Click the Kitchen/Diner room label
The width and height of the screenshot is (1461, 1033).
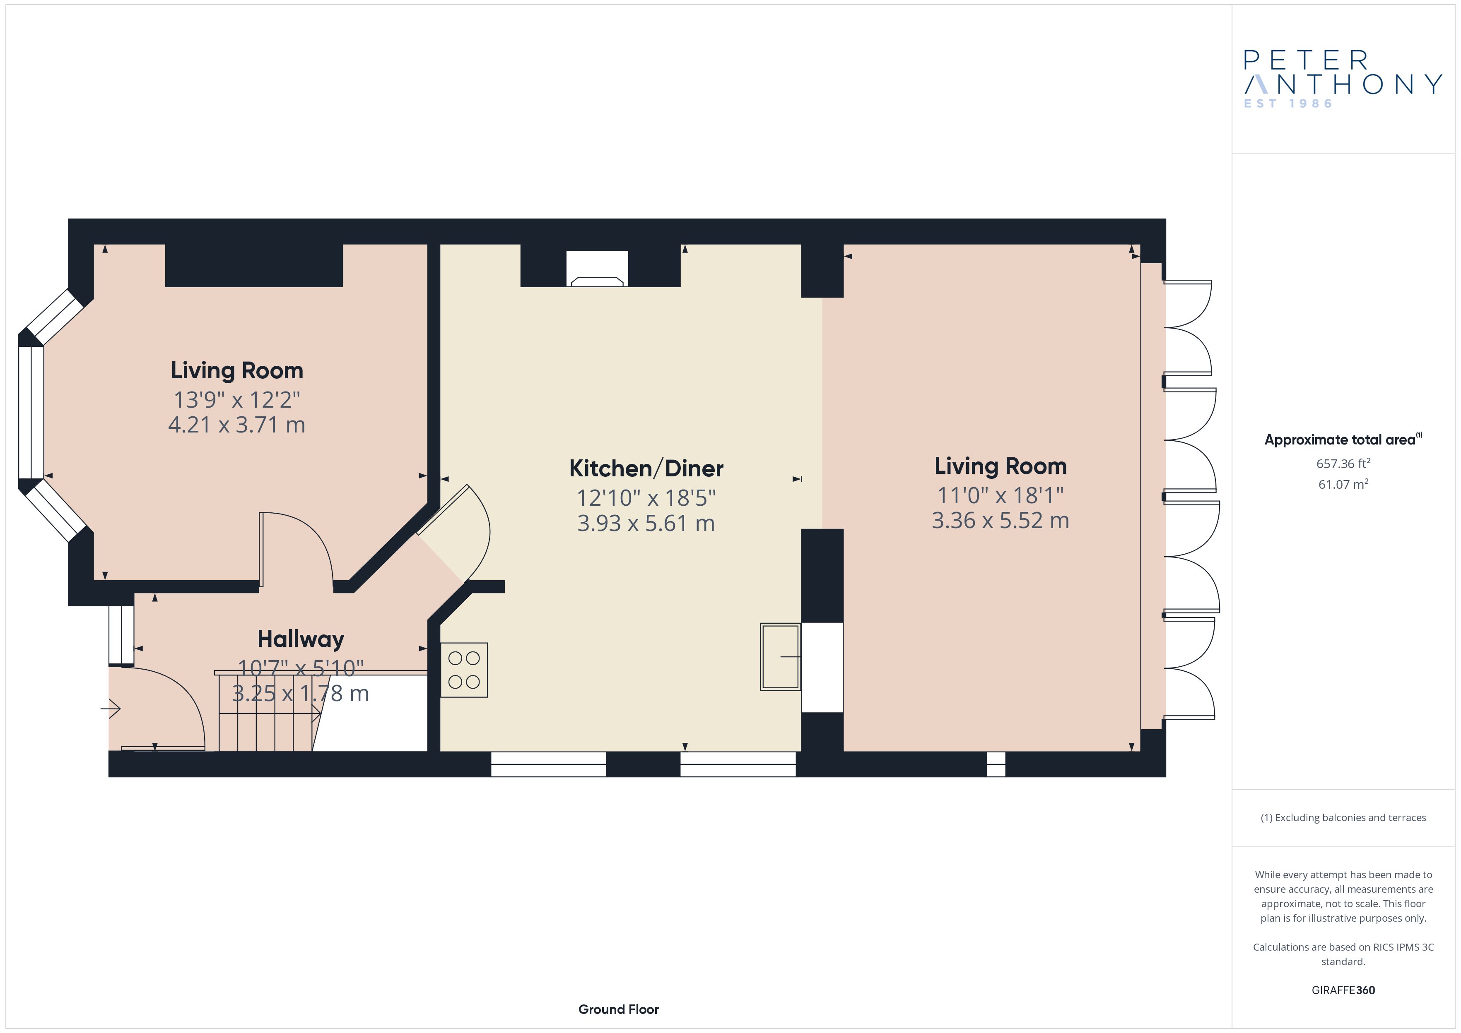click(646, 469)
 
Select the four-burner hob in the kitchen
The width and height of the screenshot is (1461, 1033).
click(464, 670)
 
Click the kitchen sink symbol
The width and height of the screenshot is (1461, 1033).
click(780, 656)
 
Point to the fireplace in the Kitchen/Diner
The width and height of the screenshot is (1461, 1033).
click(597, 269)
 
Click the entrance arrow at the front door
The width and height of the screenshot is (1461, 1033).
click(111, 708)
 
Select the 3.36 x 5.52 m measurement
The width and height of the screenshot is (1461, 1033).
click(1001, 520)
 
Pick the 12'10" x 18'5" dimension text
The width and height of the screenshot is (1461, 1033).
click(646, 498)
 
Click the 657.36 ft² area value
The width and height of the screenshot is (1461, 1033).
click(1343, 463)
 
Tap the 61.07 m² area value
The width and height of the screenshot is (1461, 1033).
click(1343, 484)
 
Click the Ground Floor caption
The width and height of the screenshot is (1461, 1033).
click(619, 1009)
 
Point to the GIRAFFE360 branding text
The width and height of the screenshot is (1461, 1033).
click(1343, 990)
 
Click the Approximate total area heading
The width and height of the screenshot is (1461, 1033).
click(1343, 440)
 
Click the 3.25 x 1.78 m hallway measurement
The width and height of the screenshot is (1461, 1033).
click(300, 693)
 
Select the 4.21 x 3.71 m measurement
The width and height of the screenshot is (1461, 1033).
click(237, 425)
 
